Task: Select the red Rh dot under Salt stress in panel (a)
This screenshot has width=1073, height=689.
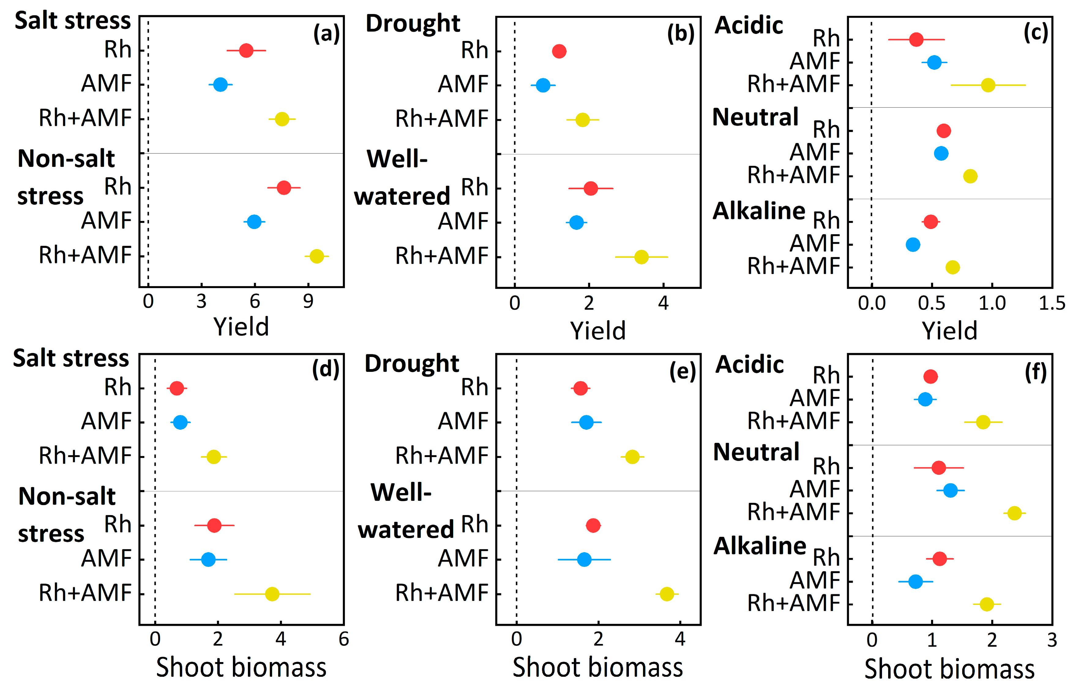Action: [x=246, y=51]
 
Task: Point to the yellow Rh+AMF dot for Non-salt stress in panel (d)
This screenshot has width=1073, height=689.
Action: [x=272, y=594]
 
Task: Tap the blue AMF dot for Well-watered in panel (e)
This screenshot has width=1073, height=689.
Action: [x=584, y=559]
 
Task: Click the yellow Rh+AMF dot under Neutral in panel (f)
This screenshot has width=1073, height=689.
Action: [x=1015, y=513]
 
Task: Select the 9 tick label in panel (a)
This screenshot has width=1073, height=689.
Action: [x=308, y=302]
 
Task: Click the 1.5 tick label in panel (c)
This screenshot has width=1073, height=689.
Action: [x=1052, y=303]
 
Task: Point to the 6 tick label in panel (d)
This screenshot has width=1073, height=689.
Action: [x=343, y=639]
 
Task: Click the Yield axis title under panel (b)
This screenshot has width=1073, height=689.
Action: [x=597, y=331]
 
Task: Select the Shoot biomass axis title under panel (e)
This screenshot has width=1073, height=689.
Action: [x=597, y=668]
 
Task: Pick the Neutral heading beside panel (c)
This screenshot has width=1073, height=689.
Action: [x=755, y=117]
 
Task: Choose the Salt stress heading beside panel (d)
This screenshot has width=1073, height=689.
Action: [x=71, y=358]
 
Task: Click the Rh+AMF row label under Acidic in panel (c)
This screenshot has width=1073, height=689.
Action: [x=794, y=84]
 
